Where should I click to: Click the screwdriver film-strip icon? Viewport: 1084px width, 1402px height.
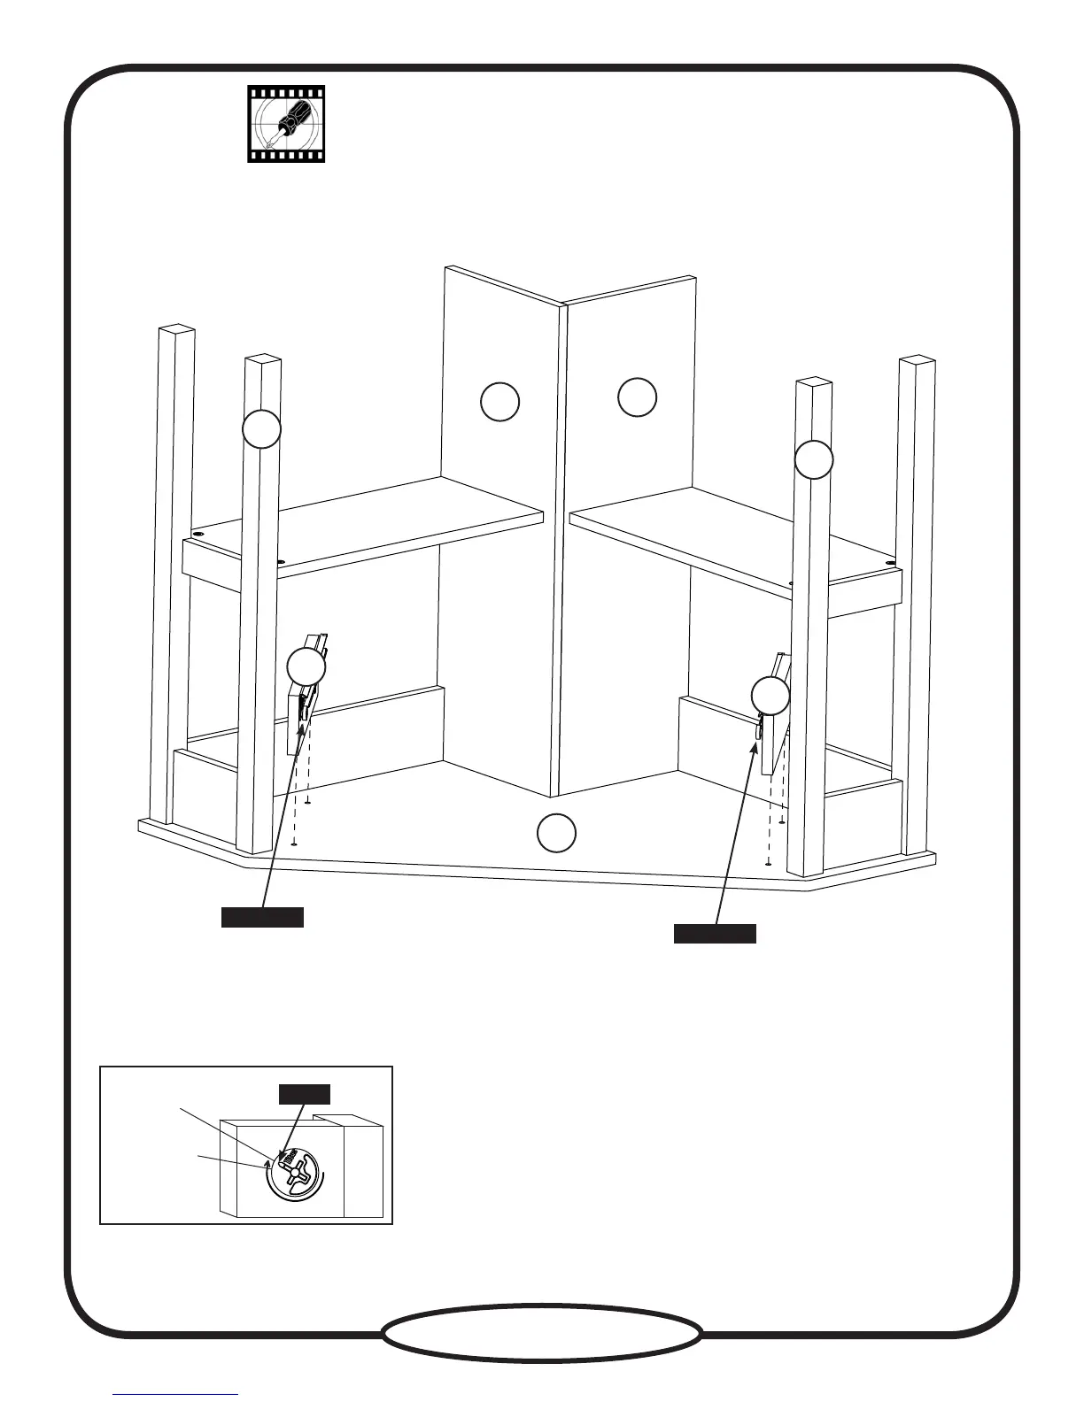[x=286, y=124]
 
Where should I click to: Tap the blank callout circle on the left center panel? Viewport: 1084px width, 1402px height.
[x=499, y=402]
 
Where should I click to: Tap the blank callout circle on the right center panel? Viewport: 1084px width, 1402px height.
[x=637, y=397]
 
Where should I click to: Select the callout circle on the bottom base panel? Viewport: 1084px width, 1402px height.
[x=557, y=833]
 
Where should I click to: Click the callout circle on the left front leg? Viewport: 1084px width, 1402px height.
[x=262, y=429]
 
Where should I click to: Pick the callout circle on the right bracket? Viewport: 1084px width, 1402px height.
[x=770, y=697]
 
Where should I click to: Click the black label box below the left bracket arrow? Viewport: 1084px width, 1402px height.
[x=262, y=917]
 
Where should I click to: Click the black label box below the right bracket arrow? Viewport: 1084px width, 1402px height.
[x=715, y=934]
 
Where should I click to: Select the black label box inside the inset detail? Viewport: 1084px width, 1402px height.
[x=305, y=1094]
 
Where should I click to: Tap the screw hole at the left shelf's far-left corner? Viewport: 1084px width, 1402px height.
[x=197, y=535]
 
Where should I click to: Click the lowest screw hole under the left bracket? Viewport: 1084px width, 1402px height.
[x=293, y=843]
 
